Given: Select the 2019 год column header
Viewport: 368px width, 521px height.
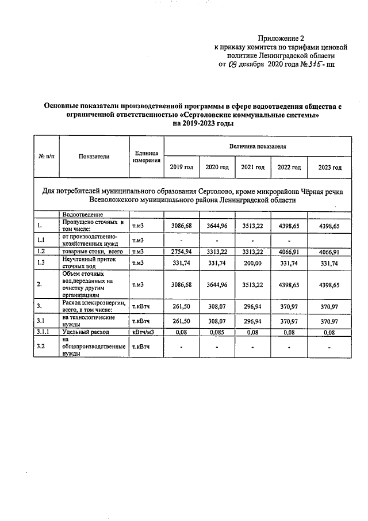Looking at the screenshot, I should pyautogui.click(x=181, y=167).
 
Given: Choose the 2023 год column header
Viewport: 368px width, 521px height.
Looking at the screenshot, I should pyautogui.click(x=329, y=167).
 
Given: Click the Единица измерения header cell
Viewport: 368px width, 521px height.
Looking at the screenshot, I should pyautogui.click(x=145, y=157).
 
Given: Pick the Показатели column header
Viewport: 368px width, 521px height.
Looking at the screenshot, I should pyautogui.click(x=94, y=156).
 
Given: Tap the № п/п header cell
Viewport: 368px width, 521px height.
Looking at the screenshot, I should pyautogui.click(x=46, y=156).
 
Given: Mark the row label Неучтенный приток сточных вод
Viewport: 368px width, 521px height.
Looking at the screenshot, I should pyautogui.click(x=85, y=263).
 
